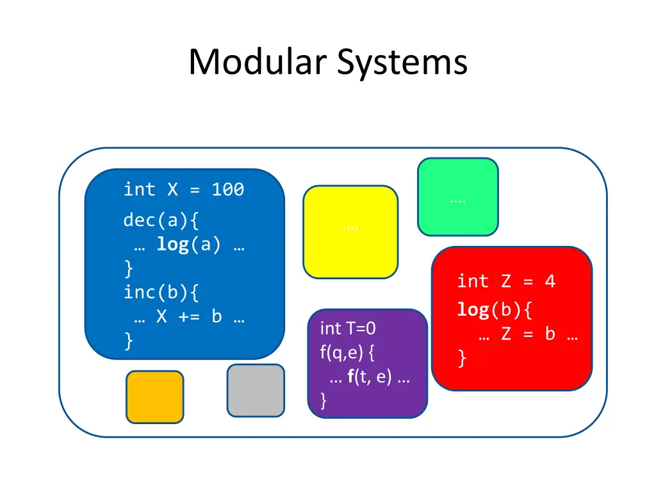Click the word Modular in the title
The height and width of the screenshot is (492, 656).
pos(259,63)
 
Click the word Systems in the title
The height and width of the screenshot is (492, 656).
pos(403,63)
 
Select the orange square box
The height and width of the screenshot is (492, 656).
pos(154,397)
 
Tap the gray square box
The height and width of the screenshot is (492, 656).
pos(256,390)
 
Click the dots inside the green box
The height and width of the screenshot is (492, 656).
pos(457,199)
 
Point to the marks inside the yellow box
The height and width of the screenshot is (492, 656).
pos(350,228)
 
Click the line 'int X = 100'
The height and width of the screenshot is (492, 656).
pos(184,190)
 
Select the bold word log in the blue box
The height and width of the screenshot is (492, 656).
pos(172,245)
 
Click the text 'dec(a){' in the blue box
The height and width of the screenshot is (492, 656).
pos(161,220)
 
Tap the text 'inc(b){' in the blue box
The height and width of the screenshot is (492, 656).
pos(161,293)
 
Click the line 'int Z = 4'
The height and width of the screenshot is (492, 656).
pos(506,281)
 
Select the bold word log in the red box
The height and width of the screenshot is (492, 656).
pos(473,310)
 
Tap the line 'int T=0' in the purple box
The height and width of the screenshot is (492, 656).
pos(348,329)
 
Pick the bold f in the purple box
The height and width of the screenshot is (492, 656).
pos(351,377)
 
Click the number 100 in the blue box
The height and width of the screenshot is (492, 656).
pos(228,190)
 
